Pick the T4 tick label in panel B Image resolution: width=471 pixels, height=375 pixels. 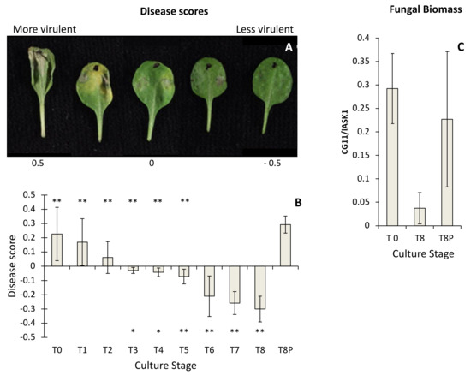pyautogui.click(x=158, y=350)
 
